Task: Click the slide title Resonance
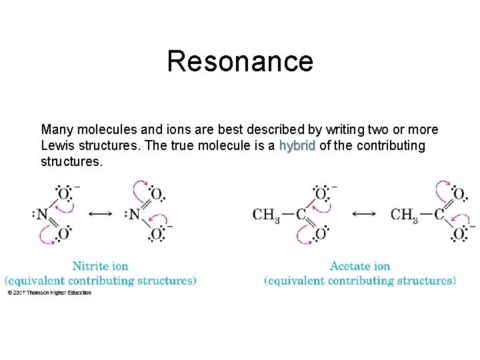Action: pos(239,61)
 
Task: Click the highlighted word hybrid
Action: pos(297,145)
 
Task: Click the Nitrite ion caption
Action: pos(100,267)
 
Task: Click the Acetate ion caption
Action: pos(360,267)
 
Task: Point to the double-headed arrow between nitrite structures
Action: pos(100,214)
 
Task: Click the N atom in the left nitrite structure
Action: pos(42,214)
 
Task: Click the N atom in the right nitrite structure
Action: pos(134,214)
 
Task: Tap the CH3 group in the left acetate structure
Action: pos(266,215)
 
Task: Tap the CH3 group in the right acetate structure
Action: pos(404,215)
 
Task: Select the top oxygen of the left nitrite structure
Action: pos(63,194)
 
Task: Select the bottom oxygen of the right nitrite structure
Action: pos(155,234)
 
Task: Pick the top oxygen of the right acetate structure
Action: pos(459,194)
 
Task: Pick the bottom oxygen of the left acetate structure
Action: pos(321,234)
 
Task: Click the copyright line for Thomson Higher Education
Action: pos(49,293)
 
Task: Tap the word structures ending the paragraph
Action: pos(71,161)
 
